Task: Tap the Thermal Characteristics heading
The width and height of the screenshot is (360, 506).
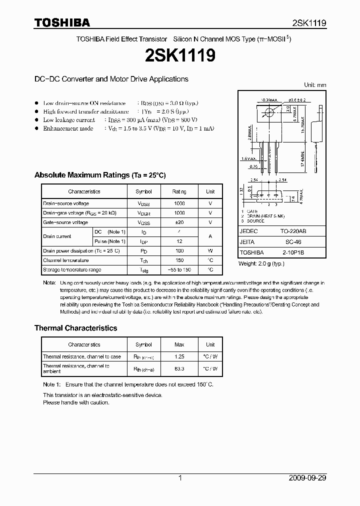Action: point(75,328)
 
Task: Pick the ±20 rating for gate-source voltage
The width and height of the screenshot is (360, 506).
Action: point(179,222)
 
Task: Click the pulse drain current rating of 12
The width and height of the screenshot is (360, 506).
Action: point(179,241)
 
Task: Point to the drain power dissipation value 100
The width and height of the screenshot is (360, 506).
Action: point(179,250)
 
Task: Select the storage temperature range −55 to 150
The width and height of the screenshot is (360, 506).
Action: point(179,269)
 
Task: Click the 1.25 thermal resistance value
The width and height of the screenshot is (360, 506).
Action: point(179,356)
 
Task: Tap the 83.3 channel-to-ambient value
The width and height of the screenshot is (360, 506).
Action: point(179,368)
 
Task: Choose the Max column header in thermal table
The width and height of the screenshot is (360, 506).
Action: point(179,344)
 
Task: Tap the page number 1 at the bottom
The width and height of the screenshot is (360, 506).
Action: point(180,478)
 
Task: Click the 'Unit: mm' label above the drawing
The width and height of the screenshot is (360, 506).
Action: point(315,85)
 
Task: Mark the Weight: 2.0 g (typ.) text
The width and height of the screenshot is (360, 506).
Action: point(261,263)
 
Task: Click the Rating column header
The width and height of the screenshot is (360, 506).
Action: point(179,191)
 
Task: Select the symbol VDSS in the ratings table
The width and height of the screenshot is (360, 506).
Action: point(144,203)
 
